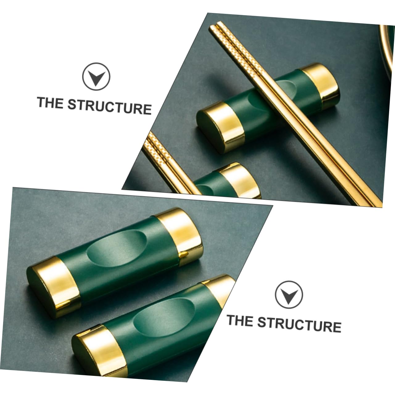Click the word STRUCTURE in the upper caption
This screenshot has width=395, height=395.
coord(110,107)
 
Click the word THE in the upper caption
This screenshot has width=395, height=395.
coord(50,102)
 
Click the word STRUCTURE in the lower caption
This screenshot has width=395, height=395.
coord(299,324)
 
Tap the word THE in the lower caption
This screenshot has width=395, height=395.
coord(240,321)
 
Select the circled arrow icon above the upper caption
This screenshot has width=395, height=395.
coord(96,76)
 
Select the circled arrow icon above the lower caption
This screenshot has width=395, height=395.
coord(289,294)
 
